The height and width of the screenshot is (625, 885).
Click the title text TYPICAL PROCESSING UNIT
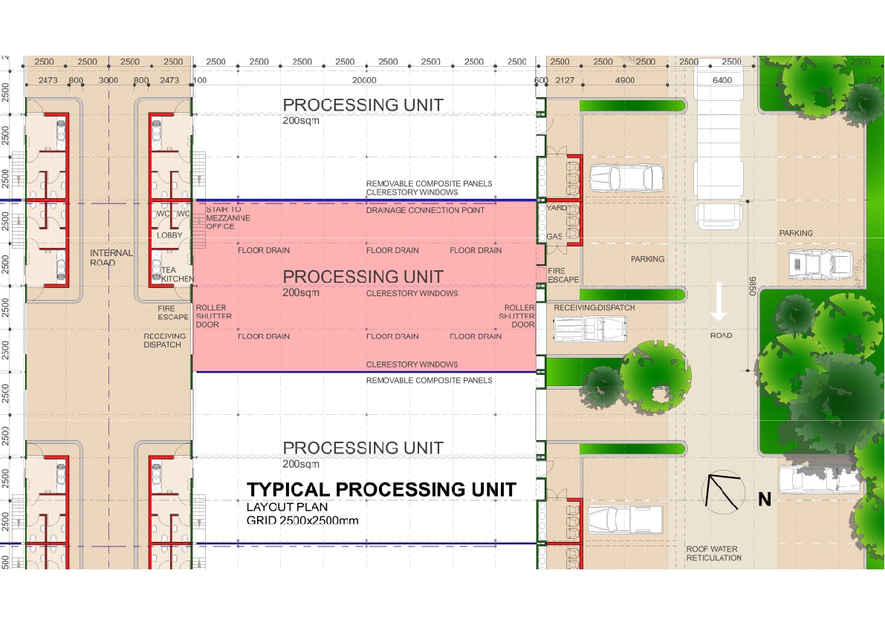point(381,490)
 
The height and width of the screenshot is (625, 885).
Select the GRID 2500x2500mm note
point(302,520)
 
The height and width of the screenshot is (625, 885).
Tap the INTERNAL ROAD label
point(111,258)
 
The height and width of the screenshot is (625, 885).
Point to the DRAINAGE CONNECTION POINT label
point(425,210)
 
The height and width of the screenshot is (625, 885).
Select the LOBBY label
point(169,235)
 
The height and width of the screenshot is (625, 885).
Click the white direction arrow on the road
point(719,301)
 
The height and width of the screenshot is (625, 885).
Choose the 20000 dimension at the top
point(364,80)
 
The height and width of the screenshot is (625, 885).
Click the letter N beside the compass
point(765,500)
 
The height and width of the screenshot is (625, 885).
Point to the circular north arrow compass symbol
point(724,491)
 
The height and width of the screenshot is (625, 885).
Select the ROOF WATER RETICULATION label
point(713,554)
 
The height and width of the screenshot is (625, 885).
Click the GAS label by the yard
point(555,236)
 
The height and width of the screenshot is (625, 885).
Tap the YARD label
point(557,209)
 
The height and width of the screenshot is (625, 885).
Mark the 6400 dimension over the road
point(722,80)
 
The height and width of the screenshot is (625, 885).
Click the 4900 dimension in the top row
point(624,80)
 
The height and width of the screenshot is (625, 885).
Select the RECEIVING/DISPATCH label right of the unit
point(594,307)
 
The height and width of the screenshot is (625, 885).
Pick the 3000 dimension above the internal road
point(108,80)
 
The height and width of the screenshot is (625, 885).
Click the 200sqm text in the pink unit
point(301,292)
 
